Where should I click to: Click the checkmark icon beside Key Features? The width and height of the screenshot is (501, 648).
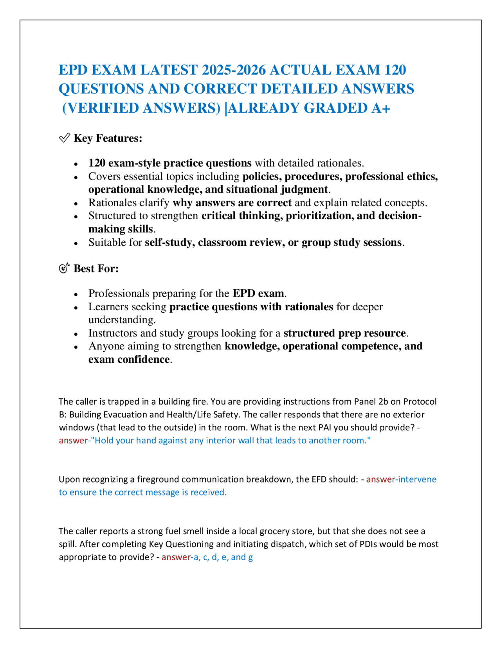coord(64,138)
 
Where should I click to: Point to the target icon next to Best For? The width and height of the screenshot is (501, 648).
coord(64,268)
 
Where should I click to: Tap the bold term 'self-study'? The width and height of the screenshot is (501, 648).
coord(169,242)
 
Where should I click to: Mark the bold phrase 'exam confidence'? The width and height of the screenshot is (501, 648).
coord(129,359)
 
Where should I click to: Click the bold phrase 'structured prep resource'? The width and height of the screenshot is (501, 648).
coord(344,333)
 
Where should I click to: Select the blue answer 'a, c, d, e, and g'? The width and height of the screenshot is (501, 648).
coord(223,557)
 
